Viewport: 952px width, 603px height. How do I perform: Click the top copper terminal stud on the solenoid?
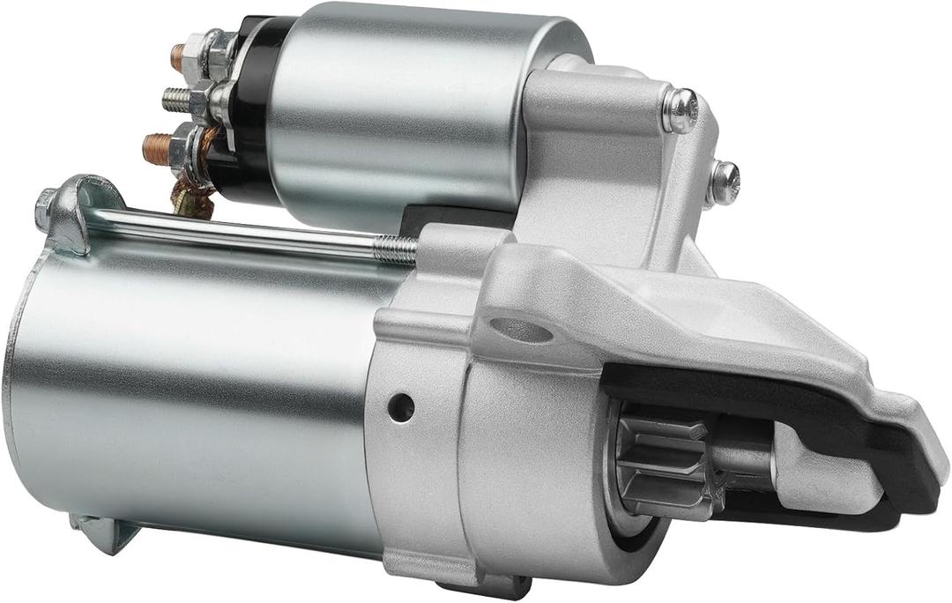(177, 57)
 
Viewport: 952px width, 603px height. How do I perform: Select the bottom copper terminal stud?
(156, 148)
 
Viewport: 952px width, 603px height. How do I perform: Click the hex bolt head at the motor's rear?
(44, 209)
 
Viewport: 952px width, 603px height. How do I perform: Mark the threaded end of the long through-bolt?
(394, 249)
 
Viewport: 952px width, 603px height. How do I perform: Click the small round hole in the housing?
(400, 406)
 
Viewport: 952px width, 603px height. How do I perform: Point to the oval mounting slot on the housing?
(521, 330)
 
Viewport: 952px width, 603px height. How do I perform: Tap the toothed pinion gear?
(657, 463)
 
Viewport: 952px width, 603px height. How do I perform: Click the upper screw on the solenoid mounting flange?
(681, 110)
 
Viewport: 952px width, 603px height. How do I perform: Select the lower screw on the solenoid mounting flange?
(724, 182)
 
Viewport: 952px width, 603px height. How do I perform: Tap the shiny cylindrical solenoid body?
(397, 115)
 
